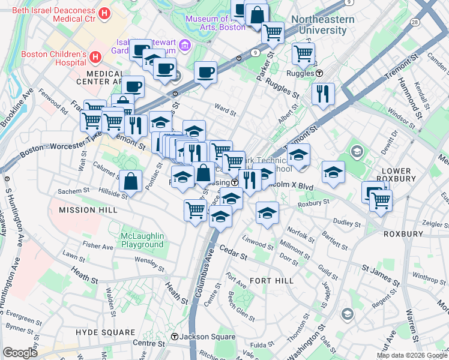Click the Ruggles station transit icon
pos(319,73)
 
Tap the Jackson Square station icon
pos(175,337)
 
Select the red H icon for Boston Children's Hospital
pos(95,58)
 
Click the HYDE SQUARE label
pos(106,332)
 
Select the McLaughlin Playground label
pos(142,240)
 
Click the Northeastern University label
pos(327,25)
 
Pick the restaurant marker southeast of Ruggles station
pos(323,94)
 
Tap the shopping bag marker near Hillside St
pos(130,181)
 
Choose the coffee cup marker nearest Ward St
pos(206,72)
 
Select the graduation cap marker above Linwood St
pos(267,212)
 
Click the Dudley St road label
pos(348,224)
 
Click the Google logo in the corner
pos(20,353)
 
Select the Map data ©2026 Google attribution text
pos(412,355)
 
